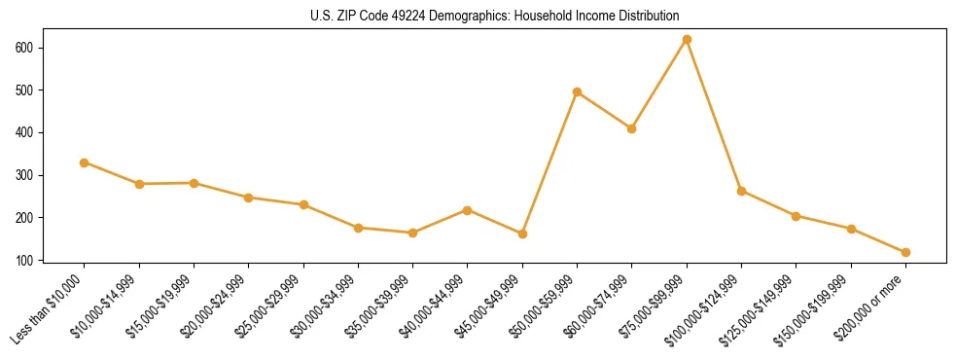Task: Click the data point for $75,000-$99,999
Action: click(687, 40)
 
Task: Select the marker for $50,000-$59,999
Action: click(577, 92)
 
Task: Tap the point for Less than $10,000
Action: click(85, 162)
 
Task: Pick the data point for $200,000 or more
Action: click(905, 252)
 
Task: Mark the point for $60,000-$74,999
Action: click(632, 128)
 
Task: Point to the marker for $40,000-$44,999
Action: click(468, 210)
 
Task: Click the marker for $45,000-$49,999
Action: click(522, 234)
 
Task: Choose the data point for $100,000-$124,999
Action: click(741, 191)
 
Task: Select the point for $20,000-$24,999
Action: click(249, 198)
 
